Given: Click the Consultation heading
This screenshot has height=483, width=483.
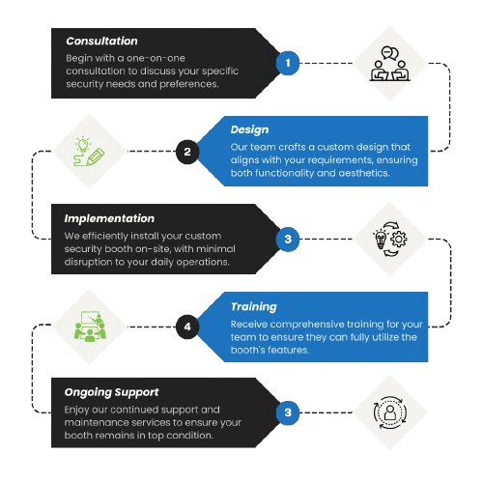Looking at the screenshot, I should coord(101,42).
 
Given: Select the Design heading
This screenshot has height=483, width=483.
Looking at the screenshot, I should coord(250,128).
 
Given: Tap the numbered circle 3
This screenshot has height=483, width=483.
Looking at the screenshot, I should coord(287,239).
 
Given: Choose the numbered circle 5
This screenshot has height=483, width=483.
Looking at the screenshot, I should coord(287,413).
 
